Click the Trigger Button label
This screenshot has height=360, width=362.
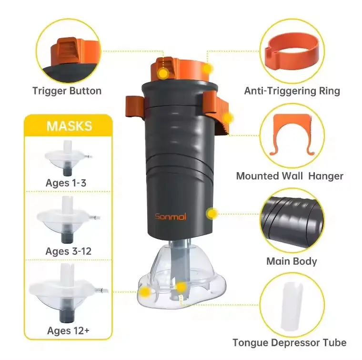point(67,91)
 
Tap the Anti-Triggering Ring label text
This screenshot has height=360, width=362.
point(292,91)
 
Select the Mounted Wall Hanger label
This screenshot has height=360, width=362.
point(290,176)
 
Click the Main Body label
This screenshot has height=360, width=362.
point(292,261)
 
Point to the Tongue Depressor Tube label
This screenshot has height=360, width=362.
point(289,342)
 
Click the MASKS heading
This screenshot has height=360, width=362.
point(69,126)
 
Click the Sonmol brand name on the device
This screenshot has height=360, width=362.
point(170,217)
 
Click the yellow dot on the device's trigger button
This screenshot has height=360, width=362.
point(163,73)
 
